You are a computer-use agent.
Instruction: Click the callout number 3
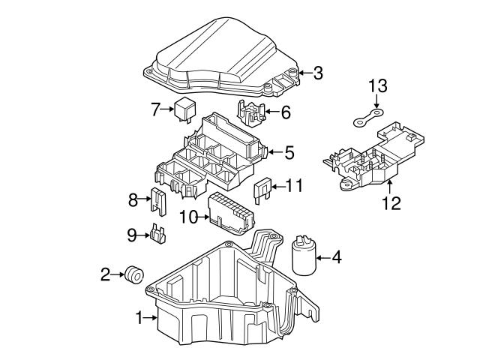pyautogui.click(x=318, y=73)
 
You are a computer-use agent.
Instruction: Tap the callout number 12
pyautogui.click(x=391, y=202)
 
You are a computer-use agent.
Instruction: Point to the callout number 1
pyautogui.click(x=139, y=319)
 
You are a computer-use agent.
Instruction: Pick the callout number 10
pyautogui.click(x=188, y=217)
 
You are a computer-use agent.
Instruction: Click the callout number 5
pyautogui.click(x=289, y=153)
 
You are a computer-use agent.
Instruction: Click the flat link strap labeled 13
pyautogui.click(x=367, y=118)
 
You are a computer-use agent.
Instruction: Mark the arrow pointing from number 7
pyautogui.click(x=169, y=109)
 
